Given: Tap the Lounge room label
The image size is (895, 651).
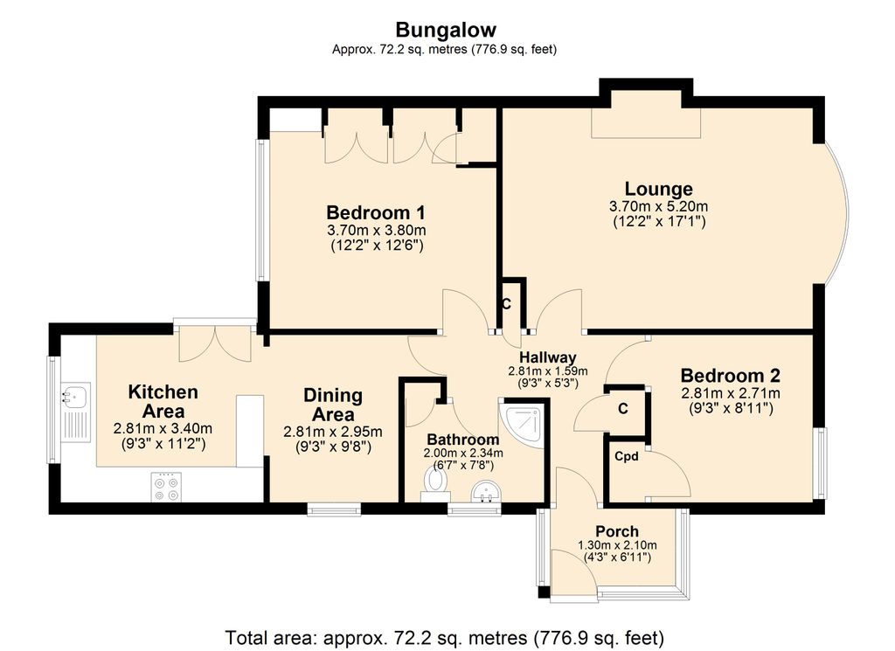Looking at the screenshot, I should [x=658, y=189].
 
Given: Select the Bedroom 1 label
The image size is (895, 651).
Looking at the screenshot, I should [x=376, y=212].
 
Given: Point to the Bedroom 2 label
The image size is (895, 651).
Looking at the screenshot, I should [x=731, y=377].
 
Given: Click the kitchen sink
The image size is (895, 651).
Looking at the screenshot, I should [x=74, y=396].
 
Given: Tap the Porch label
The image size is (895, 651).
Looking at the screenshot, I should [x=617, y=531].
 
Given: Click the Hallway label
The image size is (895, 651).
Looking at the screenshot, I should [x=548, y=357].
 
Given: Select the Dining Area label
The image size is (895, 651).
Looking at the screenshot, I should [x=333, y=405].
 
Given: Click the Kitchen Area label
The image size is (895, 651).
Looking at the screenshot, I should [x=163, y=402].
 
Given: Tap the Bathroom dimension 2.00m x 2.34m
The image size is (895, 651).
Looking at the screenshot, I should [x=463, y=453].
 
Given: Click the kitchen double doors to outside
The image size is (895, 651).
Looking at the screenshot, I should [x=215, y=343].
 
